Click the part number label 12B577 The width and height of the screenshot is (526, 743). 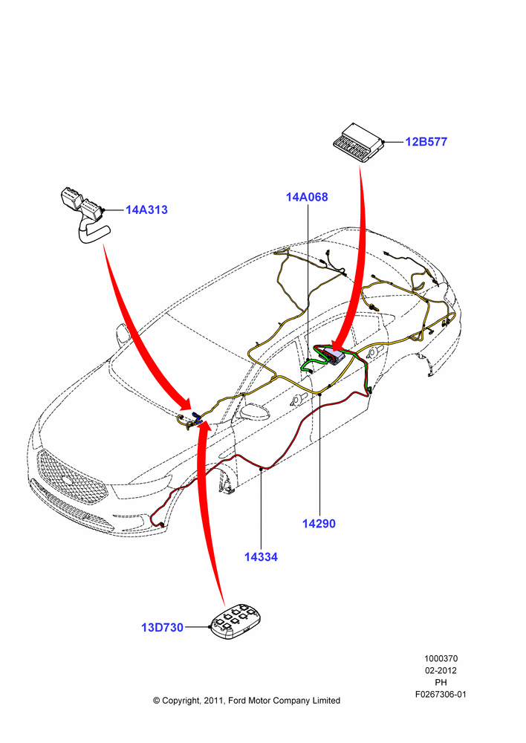pyautogui.click(x=426, y=142)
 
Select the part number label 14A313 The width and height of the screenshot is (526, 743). pyautogui.click(x=146, y=210)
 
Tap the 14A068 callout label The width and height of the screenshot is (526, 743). pyautogui.click(x=307, y=197)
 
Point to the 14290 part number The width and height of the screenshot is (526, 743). pyautogui.click(x=319, y=524)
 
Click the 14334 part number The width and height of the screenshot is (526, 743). pyautogui.click(x=261, y=557)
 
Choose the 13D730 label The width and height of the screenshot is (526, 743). pyautogui.click(x=162, y=627)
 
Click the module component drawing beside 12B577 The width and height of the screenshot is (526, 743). pyautogui.click(x=359, y=143)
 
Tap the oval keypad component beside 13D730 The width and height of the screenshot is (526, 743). pyautogui.click(x=236, y=622)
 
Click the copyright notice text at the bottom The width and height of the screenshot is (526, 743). pyautogui.click(x=247, y=701)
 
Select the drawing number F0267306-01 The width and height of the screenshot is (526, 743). pyautogui.click(x=441, y=694)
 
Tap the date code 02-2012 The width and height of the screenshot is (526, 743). pyautogui.click(x=441, y=670)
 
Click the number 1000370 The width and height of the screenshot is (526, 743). pyautogui.click(x=441, y=658)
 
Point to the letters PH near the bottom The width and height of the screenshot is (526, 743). pyautogui.click(x=441, y=682)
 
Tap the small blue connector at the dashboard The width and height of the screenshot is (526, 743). pyautogui.click(x=196, y=418)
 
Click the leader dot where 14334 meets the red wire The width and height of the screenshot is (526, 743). pyautogui.click(x=261, y=469)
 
